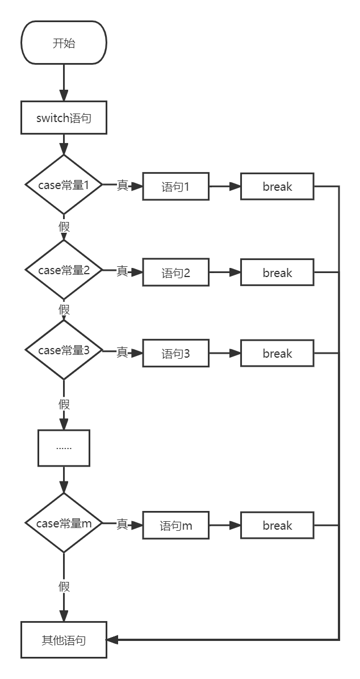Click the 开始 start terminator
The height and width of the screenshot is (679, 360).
[64, 43]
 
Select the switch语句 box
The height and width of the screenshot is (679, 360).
[64, 118]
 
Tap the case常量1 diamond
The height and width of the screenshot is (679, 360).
[64, 185]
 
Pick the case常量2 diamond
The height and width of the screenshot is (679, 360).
[64, 270]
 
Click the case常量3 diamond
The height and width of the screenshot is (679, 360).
[64, 350]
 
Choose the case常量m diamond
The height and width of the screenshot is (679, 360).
[64, 523]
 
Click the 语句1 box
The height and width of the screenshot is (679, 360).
[175, 187]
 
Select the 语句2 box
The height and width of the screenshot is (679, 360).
[175, 273]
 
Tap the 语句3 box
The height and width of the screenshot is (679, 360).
[175, 353]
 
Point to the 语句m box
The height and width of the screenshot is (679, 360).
[175, 525]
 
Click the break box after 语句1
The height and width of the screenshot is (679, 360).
[277, 187]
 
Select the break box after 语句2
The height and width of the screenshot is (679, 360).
[277, 273]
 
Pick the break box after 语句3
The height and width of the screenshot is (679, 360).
[277, 353]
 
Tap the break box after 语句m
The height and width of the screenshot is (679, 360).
[277, 525]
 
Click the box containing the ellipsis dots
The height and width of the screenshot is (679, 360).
[64, 448]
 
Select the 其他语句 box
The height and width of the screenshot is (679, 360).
[64, 640]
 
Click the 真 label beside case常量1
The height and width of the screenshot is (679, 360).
[122, 185]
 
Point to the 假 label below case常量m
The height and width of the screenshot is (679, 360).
[64, 586]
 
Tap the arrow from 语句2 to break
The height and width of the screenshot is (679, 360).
[225, 273]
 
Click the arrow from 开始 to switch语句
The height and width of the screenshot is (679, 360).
[64, 82]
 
